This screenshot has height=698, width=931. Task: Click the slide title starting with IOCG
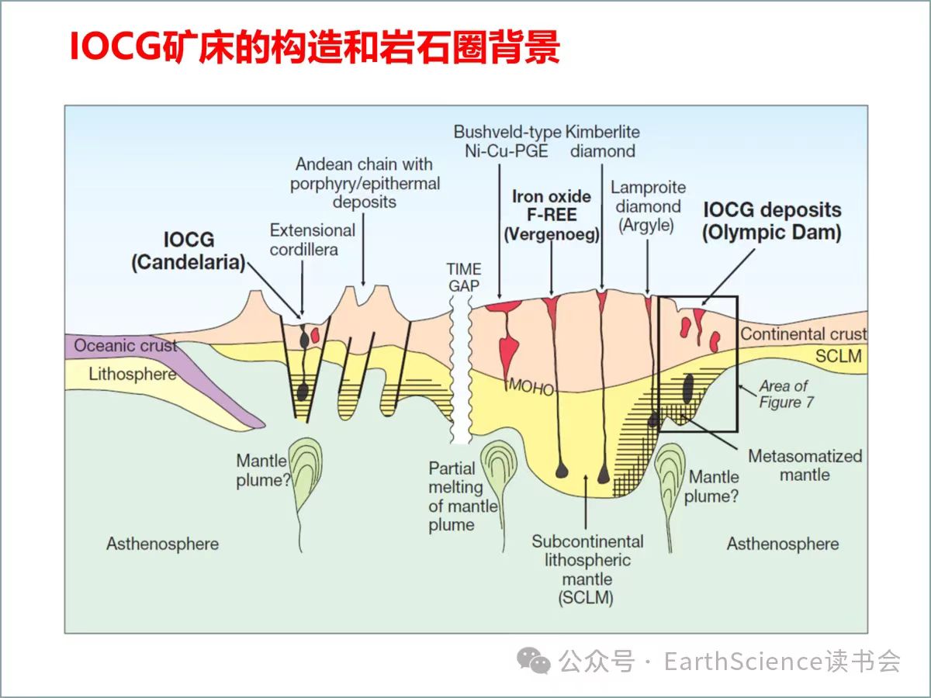tap(314, 48)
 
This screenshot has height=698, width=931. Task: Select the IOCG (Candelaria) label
tap(188, 251)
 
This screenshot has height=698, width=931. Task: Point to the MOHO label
tap(531, 386)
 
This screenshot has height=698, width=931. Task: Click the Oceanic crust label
tap(126, 346)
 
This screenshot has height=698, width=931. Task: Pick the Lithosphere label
tap(132, 374)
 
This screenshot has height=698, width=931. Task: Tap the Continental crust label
tap(803, 334)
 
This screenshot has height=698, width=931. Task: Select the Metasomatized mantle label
tap(805, 465)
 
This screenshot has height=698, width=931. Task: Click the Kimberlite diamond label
tap(603, 141)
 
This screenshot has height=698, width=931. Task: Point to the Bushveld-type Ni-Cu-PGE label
tap(507, 141)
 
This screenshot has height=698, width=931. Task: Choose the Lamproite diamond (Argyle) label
tap(647, 206)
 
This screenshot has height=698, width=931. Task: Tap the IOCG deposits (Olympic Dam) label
tap(772, 221)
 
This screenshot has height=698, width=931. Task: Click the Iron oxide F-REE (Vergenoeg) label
tap(551, 215)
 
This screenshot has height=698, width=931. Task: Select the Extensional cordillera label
tap(312, 240)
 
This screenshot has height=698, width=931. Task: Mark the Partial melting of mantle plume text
tap(463, 496)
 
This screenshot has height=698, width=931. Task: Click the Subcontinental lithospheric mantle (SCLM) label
tap(587, 569)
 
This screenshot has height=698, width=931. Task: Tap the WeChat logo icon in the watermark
tap(535, 661)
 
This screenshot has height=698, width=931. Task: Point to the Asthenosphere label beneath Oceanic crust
tap(162, 544)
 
